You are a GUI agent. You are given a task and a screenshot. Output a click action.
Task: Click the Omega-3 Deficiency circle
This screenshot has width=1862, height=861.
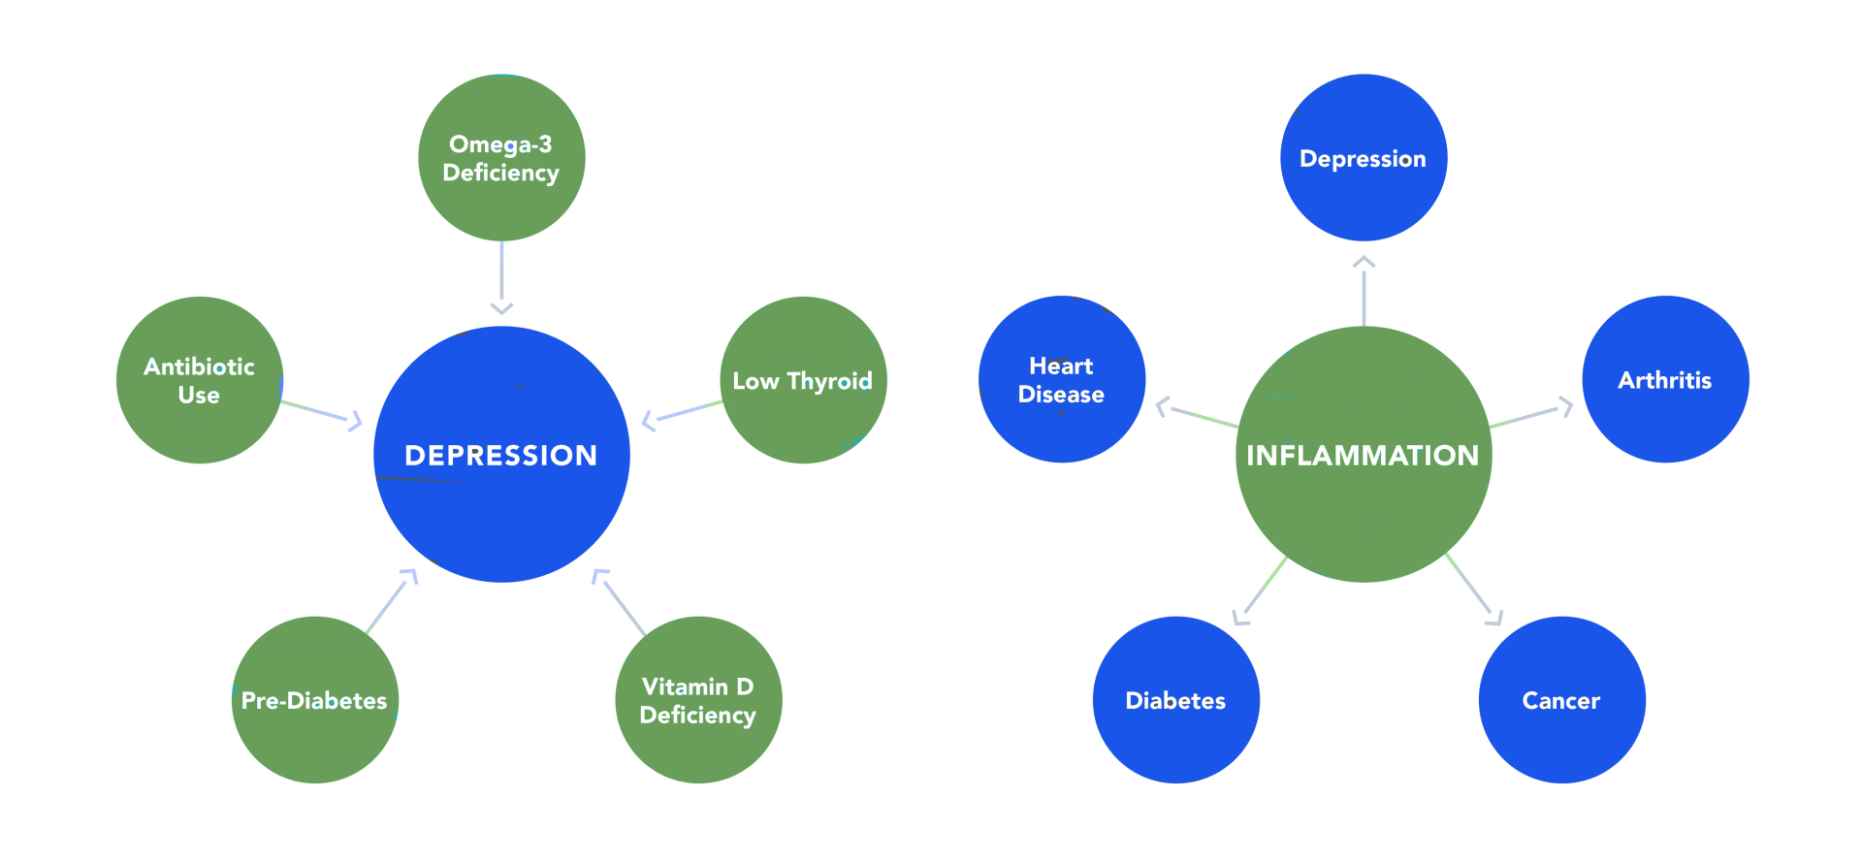[501, 158]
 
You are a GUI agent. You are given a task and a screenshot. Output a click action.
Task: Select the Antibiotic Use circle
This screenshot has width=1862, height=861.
[199, 380]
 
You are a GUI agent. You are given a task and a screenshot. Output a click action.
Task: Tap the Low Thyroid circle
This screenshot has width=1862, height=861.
[803, 380]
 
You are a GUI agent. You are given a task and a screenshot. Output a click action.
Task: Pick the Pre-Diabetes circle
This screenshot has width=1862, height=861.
[314, 700]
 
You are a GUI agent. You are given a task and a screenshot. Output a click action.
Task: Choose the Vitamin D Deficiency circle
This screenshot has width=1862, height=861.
[698, 700]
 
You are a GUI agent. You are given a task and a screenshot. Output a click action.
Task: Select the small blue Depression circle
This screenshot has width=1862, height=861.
[1364, 158]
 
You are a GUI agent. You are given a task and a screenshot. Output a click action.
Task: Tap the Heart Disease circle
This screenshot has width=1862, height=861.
[1062, 380]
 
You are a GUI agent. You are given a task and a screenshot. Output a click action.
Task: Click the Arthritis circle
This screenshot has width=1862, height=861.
[1665, 380]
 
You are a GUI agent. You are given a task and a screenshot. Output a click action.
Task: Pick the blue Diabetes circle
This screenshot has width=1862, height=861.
[1175, 700]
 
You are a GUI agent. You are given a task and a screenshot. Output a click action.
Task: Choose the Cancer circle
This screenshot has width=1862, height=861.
[1561, 700]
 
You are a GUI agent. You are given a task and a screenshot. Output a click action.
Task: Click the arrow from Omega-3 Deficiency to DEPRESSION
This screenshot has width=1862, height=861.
[501, 276]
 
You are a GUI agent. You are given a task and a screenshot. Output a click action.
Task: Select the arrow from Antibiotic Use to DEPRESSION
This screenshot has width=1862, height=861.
[320, 411]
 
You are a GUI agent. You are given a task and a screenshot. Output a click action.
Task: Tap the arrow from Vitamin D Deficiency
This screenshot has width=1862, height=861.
[621, 603]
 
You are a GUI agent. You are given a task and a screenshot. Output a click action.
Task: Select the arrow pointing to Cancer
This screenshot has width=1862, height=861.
[1472, 588]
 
